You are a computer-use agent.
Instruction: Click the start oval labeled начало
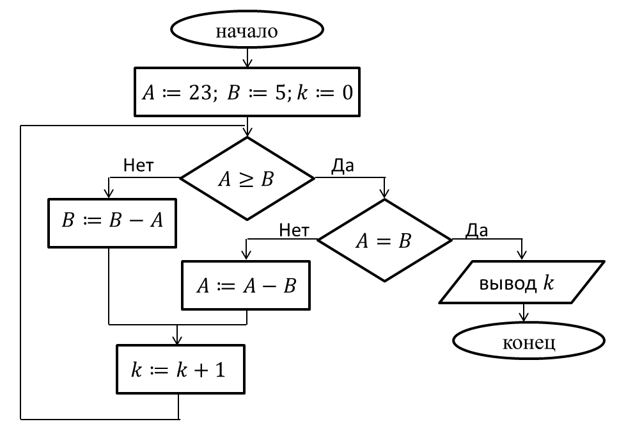pos(247,29)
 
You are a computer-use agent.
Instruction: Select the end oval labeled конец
pos(529,341)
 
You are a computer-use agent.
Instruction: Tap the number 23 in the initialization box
pos(200,92)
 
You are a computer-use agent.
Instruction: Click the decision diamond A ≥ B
pos(247,178)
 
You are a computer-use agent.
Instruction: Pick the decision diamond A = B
pos(384,240)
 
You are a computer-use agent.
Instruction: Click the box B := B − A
pos(112,223)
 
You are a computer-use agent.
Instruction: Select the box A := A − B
pos(246,286)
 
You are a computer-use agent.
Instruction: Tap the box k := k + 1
pos(181,369)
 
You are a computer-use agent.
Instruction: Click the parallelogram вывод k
pos(522,282)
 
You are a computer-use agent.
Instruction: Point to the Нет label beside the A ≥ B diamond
pos(138,165)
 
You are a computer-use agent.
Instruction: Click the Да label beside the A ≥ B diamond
pos(342,165)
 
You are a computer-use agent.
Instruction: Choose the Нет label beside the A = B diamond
pos(294,231)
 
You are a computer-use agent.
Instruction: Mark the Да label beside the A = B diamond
pos(476,231)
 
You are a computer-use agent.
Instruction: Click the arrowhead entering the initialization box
pos(247,63)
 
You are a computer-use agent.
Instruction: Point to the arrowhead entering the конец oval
pos(524,317)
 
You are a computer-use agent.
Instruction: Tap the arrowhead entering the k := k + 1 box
pos(177,340)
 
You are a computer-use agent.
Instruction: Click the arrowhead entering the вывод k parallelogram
pos(521,255)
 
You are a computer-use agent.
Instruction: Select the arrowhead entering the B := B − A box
pos(109,193)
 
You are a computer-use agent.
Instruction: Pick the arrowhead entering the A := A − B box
pos(246,255)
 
